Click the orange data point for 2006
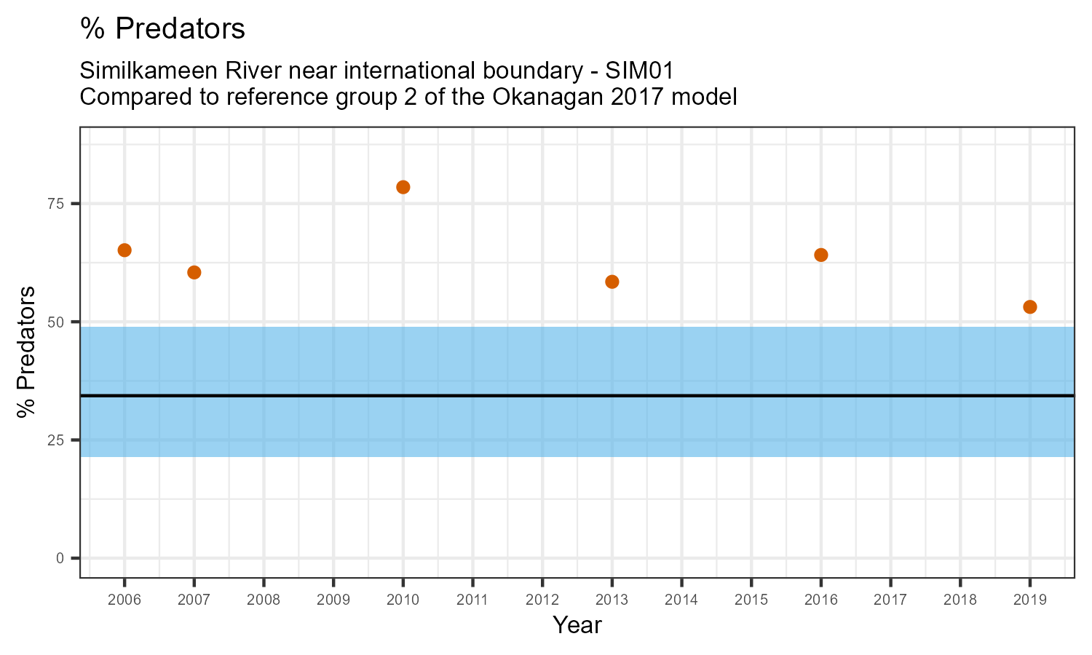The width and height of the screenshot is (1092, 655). point(124,250)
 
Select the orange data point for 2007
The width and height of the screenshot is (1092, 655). point(194,272)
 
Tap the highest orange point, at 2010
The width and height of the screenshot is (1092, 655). point(403,187)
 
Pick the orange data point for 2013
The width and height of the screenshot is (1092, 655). point(612,282)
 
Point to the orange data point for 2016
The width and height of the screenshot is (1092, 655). point(821,255)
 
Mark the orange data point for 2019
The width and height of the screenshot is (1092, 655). point(1030,307)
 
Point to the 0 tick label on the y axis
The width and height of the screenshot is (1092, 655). point(60,558)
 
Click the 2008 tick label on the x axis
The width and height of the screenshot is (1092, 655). point(264,600)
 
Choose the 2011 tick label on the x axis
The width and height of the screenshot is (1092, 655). point(472,600)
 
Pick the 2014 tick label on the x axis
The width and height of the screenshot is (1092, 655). point(681,600)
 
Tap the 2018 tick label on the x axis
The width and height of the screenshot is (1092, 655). point(960,600)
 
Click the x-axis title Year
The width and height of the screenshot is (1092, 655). point(577,625)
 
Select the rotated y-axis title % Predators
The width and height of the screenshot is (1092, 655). point(27,352)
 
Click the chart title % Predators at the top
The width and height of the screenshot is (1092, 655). point(162,29)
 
